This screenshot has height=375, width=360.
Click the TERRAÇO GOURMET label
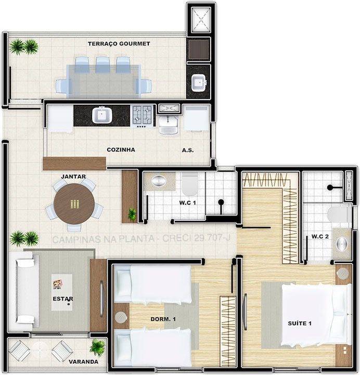(x=119, y=44)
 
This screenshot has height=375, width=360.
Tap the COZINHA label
(x=121, y=150)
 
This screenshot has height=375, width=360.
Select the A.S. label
(x=188, y=150)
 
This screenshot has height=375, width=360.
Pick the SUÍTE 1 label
(x=300, y=323)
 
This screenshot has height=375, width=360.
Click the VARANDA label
(x=82, y=361)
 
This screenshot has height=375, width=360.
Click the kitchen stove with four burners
(x=142, y=115)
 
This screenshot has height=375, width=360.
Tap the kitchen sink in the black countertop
(x=100, y=115)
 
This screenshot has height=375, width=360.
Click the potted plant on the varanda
(x=97, y=346)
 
